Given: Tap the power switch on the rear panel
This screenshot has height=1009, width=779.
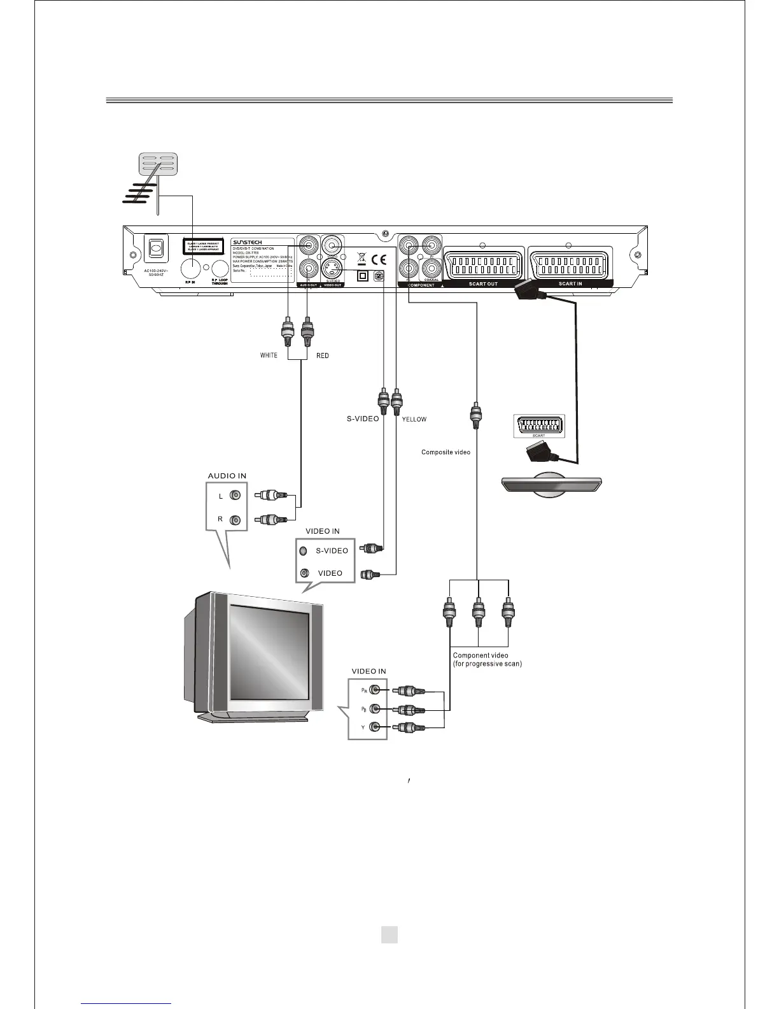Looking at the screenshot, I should point(155,248).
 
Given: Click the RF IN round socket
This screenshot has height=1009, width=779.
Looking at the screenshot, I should point(192,269).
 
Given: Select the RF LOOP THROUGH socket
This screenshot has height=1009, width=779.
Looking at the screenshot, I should point(219,269).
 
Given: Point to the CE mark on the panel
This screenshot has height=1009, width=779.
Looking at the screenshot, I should point(379,259).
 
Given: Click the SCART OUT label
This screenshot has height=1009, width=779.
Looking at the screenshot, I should point(483,283).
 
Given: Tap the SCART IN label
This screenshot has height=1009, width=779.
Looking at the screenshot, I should point(570,283).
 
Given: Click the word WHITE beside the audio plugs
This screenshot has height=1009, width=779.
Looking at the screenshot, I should point(269,355).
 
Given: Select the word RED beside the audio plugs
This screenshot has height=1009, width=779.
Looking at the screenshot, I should point(323,355).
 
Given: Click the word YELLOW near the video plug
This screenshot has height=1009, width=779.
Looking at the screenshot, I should point(414,419).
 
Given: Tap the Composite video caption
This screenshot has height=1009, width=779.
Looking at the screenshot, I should point(446,452).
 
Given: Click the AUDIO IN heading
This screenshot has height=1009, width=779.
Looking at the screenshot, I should point(227,476).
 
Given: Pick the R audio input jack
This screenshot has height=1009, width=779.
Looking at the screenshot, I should point(236,520).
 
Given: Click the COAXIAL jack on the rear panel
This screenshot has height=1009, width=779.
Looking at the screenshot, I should point(432,268).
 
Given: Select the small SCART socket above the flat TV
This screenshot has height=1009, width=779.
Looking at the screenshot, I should point(538,426).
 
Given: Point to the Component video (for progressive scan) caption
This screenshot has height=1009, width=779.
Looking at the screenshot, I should point(487,659).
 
